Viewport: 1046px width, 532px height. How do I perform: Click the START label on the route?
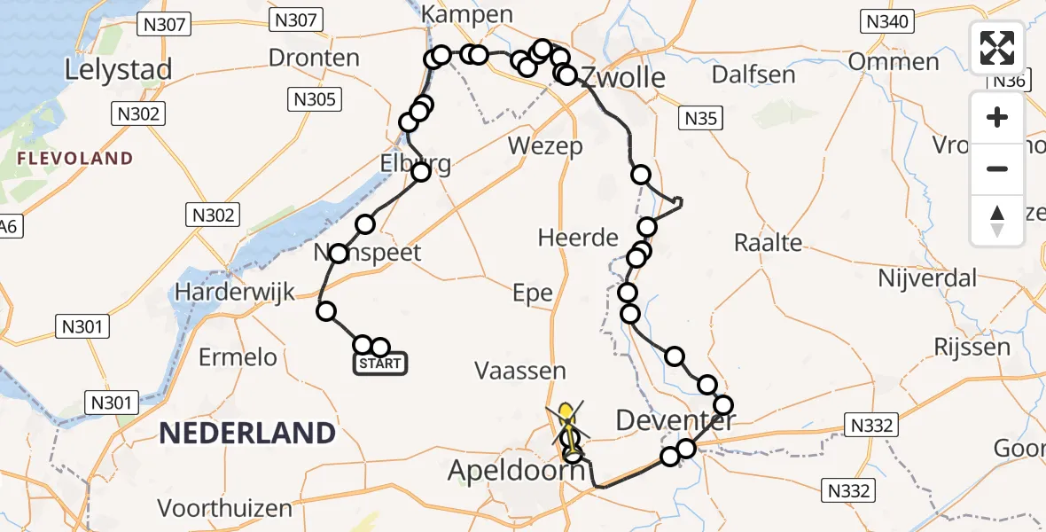click(380, 364)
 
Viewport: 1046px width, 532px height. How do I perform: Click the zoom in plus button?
click(997, 118)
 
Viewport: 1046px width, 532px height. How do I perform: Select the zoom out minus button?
click(997, 168)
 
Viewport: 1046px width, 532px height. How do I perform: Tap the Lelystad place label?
click(118, 69)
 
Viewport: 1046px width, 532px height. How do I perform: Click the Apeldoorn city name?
click(516, 471)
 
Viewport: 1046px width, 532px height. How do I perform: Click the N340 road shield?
click(887, 21)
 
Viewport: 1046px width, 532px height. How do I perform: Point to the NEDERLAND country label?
click(246, 434)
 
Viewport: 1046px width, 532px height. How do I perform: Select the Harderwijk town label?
click(234, 292)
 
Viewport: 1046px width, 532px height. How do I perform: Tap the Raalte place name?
click(768, 242)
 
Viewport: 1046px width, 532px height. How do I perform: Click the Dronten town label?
click(314, 59)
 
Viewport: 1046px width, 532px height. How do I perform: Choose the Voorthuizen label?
click(225, 508)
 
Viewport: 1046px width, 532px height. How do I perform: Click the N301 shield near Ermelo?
click(85, 327)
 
